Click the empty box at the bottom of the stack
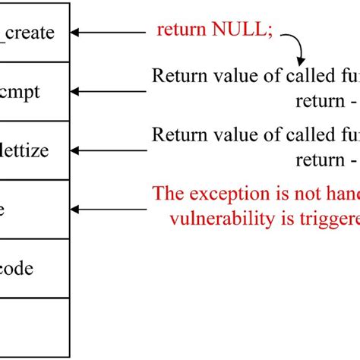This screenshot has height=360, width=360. point(35,327)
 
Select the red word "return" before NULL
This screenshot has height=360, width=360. point(180,30)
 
